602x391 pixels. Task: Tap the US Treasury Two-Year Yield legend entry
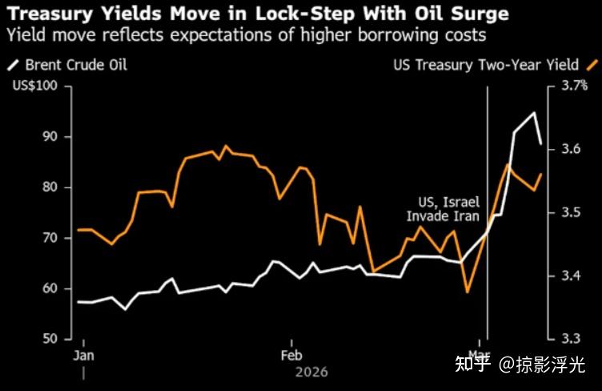coord(488,66)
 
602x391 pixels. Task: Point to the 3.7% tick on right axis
coord(574,86)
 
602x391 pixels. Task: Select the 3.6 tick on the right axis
coord(571,150)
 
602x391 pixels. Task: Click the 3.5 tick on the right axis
coord(571,213)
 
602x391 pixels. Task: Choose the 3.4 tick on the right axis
coord(571,276)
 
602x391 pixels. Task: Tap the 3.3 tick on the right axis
coord(571,339)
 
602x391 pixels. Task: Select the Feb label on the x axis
coord(291,355)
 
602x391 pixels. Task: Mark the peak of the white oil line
coord(534,113)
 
